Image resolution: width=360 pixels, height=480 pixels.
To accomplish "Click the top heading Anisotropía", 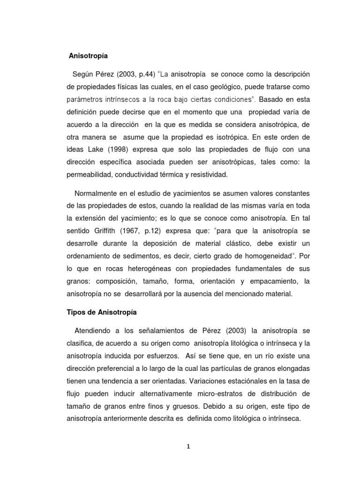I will click(89, 56).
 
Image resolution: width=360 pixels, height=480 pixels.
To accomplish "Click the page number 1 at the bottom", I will click(188, 447).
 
